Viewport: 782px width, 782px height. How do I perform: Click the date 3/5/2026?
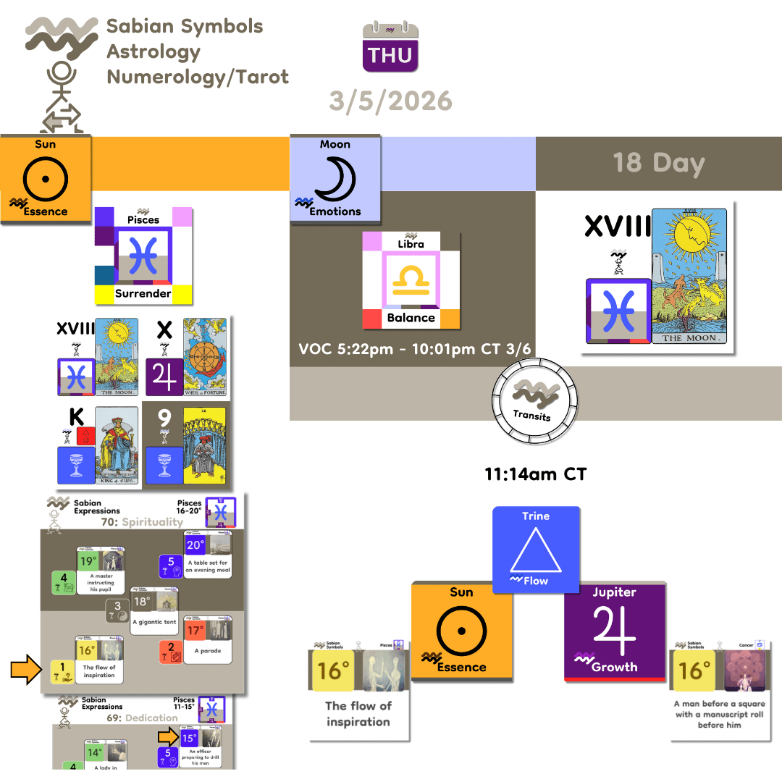tap(390, 100)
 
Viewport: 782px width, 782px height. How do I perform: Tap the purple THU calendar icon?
tap(390, 48)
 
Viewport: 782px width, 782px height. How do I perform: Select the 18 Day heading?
tap(658, 163)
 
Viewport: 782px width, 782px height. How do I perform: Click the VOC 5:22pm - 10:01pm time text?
tap(415, 348)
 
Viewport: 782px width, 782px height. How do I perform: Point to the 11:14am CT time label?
tap(535, 475)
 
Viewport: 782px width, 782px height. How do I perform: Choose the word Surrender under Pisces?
tap(143, 293)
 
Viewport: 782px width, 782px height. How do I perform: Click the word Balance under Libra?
tap(411, 317)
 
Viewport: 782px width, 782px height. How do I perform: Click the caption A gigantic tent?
tap(155, 621)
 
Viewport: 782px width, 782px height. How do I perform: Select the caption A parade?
tap(208, 650)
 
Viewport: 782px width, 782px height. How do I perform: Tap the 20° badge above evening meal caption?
tap(195, 545)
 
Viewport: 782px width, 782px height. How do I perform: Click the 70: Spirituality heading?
tap(132, 521)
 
